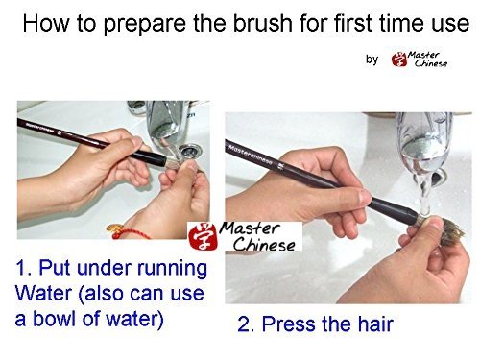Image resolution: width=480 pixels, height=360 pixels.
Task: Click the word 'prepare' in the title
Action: point(145,25)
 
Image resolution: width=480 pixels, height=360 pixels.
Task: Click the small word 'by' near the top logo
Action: point(372,60)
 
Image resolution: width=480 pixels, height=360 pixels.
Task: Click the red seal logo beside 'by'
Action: point(399,60)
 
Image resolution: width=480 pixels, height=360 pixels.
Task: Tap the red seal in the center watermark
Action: point(203,236)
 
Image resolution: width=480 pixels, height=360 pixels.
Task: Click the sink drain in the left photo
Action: point(189,151)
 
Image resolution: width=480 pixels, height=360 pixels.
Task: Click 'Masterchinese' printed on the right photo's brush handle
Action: point(251,155)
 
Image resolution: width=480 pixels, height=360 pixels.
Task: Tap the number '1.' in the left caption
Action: point(25,268)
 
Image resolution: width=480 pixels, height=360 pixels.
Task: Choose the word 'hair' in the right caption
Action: point(375,324)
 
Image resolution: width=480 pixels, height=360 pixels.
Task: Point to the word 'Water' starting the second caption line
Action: point(43,293)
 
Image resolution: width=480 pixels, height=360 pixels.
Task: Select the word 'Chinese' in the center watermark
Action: point(264,245)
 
